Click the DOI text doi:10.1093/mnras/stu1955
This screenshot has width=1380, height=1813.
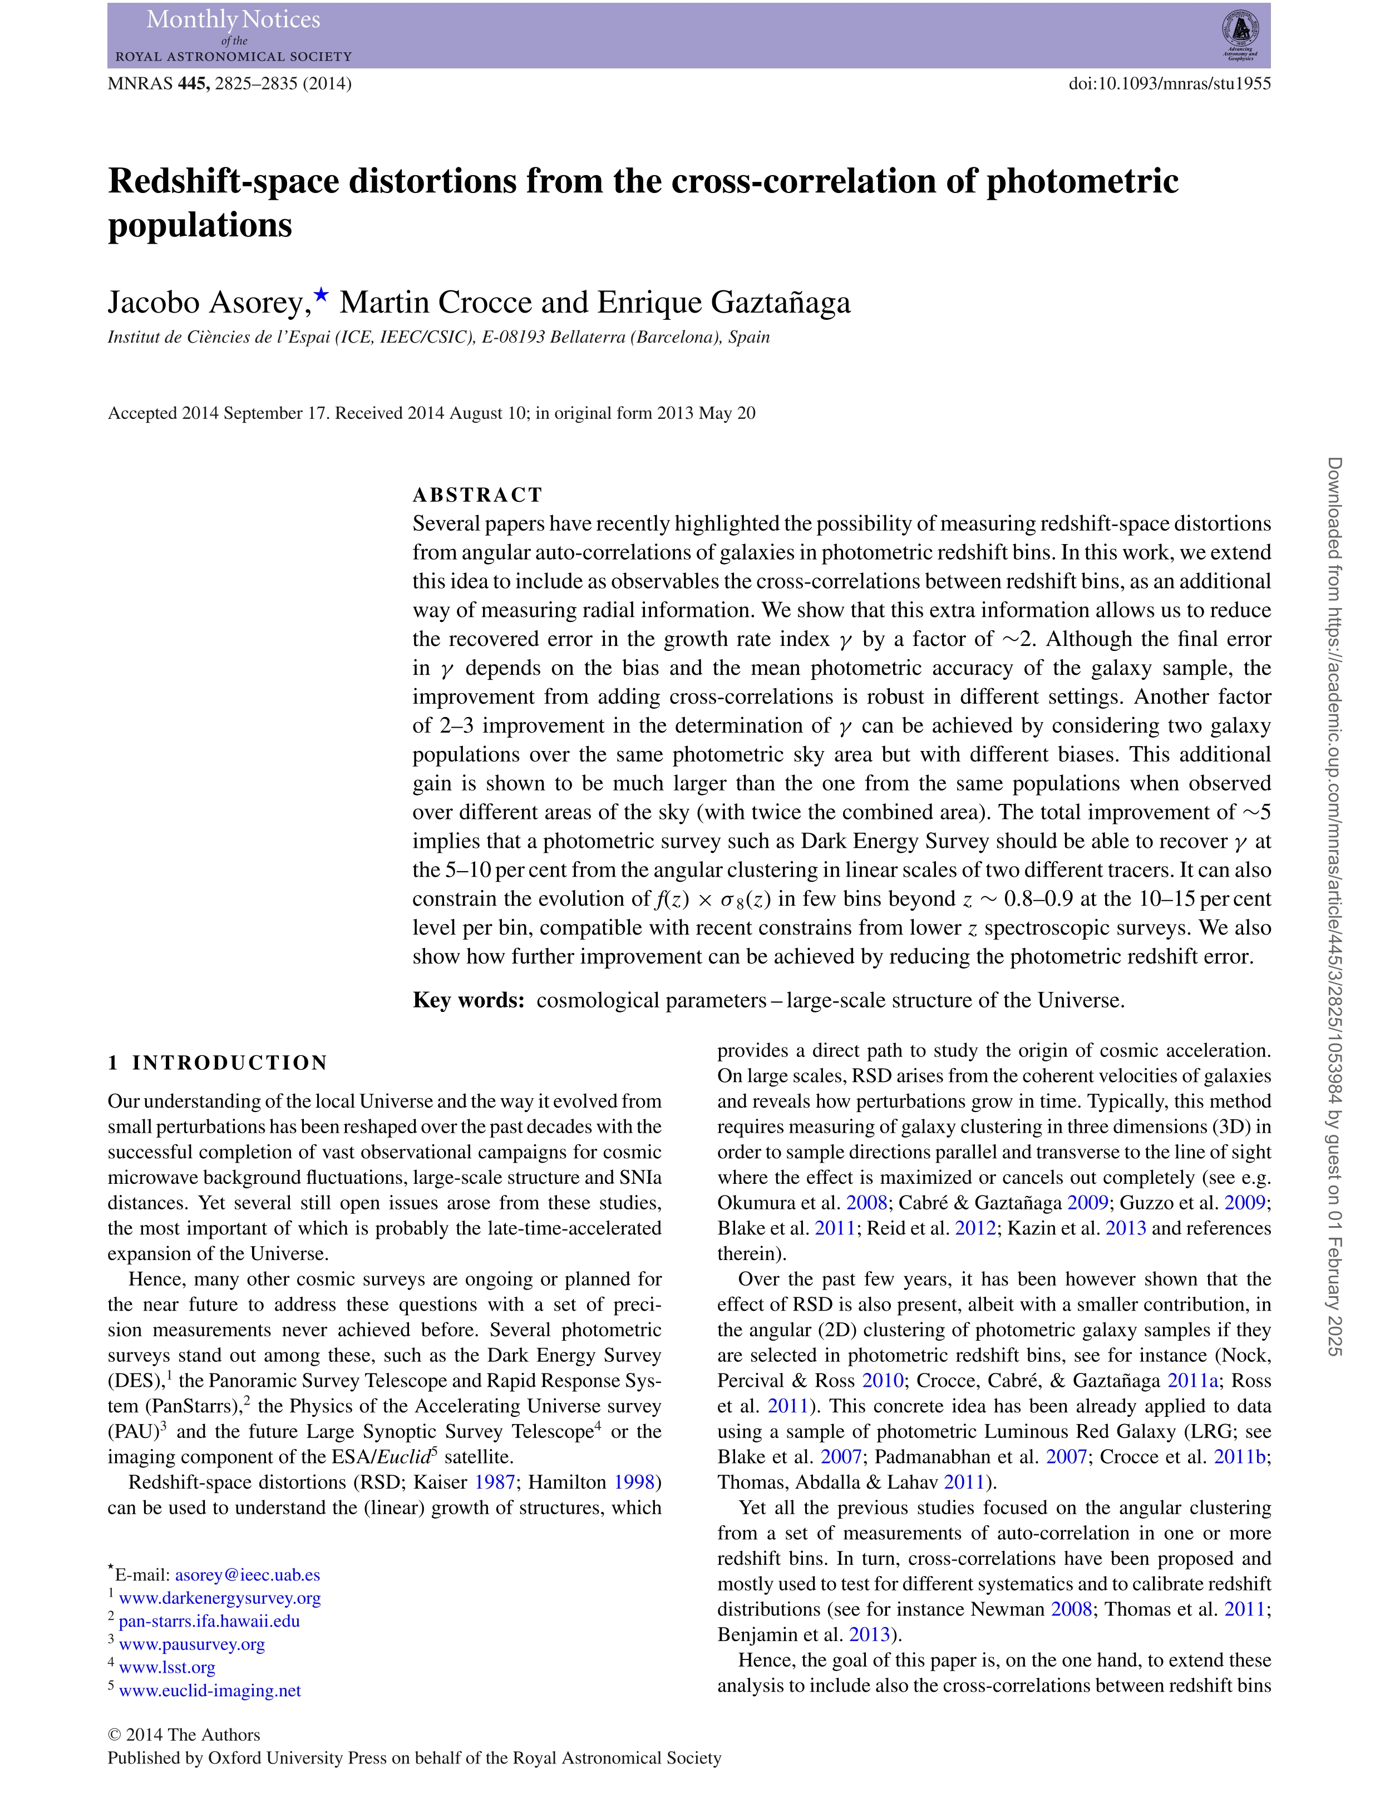[1169, 84]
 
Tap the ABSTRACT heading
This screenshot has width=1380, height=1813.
[477, 495]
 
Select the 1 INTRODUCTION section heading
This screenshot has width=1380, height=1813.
[218, 1063]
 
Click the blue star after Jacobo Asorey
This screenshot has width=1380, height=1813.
[321, 294]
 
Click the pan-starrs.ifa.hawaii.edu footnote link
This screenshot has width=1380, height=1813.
[209, 1621]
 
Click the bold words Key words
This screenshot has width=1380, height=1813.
[468, 1000]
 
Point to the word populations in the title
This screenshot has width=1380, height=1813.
[200, 226]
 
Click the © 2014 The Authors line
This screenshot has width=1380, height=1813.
[184, 1735]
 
